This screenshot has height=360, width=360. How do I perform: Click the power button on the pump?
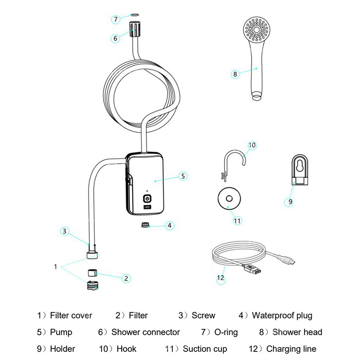tap(147, 198)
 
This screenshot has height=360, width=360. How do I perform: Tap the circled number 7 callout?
tap(115, 19)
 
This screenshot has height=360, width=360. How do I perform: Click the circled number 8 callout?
tap(235, 74)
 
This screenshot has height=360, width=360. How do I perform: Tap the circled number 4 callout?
tap(170, 226)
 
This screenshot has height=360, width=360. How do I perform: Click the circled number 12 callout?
tap(220, 278)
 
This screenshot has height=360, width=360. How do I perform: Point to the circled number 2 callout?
tap(126, 278)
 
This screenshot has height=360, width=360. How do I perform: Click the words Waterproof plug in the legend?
tap(282, 316)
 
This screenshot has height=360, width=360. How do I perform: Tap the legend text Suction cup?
tap(205, 349)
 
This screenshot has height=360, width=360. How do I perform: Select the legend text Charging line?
tap(291, 349)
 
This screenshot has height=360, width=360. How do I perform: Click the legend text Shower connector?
tap(145, 332)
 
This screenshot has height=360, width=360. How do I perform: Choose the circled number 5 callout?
tap(183, 176)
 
